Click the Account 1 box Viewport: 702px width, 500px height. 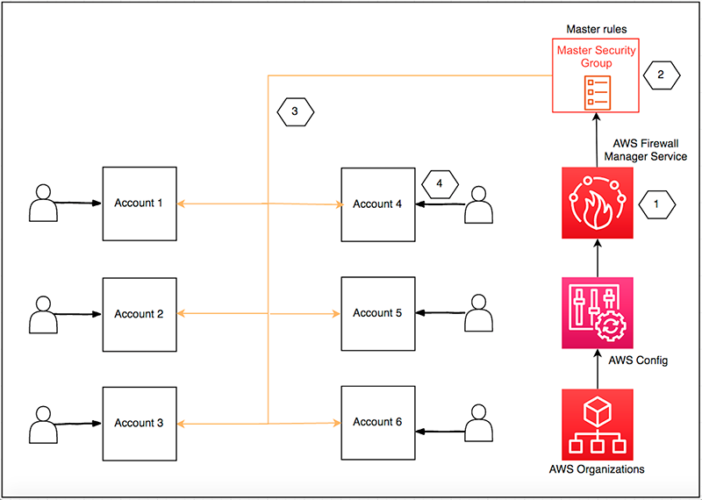pos(139,204)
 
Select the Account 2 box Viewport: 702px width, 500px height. pos(139,313)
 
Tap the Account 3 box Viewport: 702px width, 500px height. pos(139,422)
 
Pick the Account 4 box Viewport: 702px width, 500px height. pos(377,204)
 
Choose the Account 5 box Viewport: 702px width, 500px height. pos(377,313)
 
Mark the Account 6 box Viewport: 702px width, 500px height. pos(377,422)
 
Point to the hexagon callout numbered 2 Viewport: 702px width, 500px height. pos(660,75)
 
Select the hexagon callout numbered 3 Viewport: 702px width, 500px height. pos(295,111)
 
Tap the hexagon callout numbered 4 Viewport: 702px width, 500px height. pos(441,184)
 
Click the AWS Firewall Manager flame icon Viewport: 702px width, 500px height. pos(597,203)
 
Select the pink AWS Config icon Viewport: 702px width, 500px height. pos(597,313)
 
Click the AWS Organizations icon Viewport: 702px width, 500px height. pos(597,423)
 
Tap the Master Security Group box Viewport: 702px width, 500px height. pos(597,75)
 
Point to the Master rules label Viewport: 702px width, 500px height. pos(596,29)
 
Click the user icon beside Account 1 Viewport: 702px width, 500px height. pos(41,203)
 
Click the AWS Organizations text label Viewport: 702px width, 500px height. pos(597,469)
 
